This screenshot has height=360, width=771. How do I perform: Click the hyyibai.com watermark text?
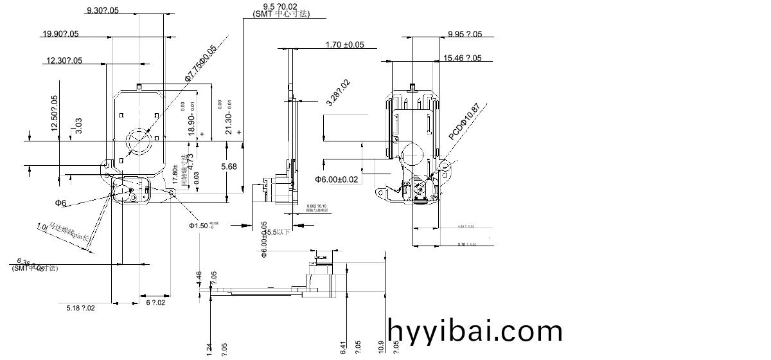point(475,331)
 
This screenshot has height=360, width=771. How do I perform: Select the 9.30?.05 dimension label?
point(102,10)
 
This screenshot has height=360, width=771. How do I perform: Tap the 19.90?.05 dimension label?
point(60,34)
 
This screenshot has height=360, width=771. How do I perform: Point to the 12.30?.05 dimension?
point(64,61)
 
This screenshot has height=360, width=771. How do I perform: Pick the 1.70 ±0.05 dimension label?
point(344,45)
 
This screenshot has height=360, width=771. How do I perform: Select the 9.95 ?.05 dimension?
point(465,35)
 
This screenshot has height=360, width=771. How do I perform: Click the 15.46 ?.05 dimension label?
point(462,59)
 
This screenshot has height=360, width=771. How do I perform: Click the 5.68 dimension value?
point(229,166)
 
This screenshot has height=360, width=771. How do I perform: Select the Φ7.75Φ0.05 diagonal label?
point(200,63)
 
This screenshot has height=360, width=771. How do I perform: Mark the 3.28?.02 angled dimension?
point(338,93)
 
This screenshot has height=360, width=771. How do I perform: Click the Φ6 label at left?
point(61,203)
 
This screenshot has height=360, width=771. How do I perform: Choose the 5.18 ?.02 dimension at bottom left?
point(81,309)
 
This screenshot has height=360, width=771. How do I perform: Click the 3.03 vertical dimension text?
point(78,125)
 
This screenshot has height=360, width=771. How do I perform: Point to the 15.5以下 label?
point(278,232)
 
